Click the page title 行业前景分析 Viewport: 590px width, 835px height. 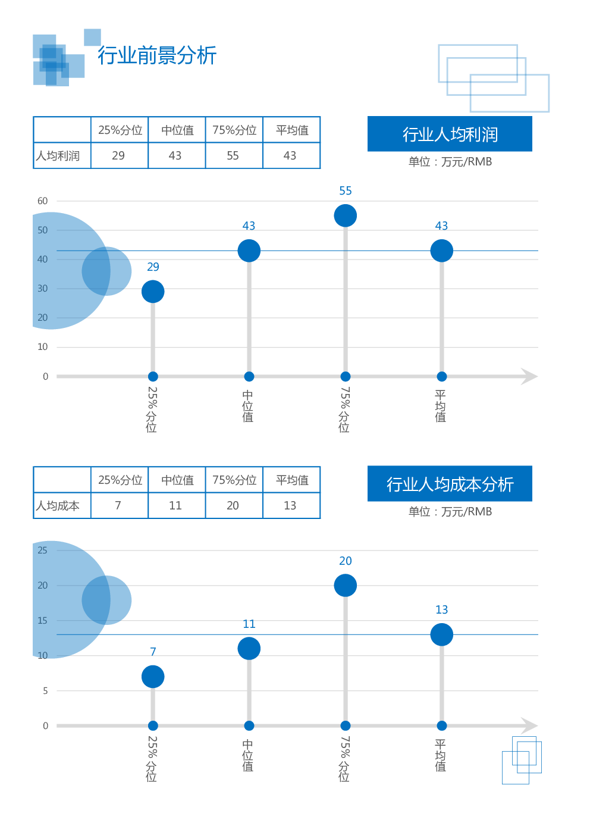coord(157,55)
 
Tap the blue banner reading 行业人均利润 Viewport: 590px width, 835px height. coord(450,135)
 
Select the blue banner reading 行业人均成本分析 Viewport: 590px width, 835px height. coord(450,484)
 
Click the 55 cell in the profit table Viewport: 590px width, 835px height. coord(233,156)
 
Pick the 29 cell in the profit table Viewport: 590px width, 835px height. coord(118,156)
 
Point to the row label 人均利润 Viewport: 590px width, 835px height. coord(58,156)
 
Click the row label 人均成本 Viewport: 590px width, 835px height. coord(58,506)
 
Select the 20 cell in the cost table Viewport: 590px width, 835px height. coord(233,506)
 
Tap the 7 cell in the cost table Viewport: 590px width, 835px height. coord(118,506)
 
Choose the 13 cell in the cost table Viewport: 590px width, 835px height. coord(290,506)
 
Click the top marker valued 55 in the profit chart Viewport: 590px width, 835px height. coord(346,215)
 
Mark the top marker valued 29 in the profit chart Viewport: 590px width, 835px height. coord(153,292)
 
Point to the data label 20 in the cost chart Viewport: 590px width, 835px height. coord(346,561)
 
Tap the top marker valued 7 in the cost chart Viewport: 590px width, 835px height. coord(153,677)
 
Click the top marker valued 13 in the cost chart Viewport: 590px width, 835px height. coord(441,634)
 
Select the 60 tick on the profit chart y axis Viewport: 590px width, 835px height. coord(43,201)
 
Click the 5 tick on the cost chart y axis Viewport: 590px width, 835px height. coord(45,691)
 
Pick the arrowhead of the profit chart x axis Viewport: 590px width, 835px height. coord(529,376)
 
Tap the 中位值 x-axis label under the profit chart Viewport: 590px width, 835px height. coord(248,406)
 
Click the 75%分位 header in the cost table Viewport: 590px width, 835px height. coord(234,480)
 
